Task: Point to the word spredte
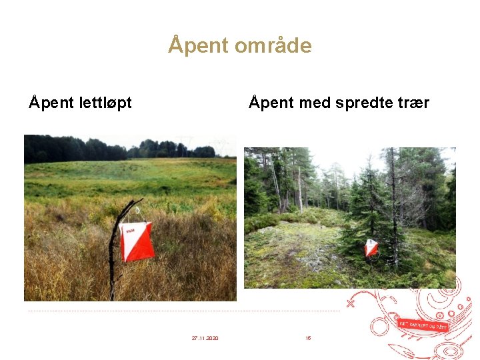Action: pos(361,103)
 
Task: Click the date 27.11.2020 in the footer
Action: pos(205,339)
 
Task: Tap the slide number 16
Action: pos(308,339)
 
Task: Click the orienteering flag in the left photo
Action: pos(137,241)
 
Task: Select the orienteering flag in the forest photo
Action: pos(371,248)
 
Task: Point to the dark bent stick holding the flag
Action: pos(114,253)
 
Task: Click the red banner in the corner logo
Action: pos(423,325)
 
